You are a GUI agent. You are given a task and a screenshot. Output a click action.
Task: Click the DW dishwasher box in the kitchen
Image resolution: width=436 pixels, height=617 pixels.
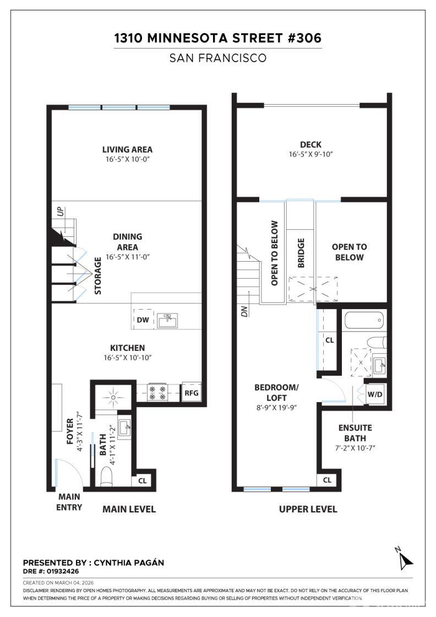tap(143, 320)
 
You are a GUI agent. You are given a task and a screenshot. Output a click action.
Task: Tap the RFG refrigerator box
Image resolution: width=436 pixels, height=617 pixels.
tap(191, 393)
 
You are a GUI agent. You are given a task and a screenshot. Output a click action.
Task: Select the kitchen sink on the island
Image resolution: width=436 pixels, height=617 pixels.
tap(167, 320)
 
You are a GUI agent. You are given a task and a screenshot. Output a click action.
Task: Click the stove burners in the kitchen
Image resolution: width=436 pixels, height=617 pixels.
tap(157, 393)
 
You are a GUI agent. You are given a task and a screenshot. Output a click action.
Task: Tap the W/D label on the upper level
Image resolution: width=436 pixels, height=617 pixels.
tap(375, 394)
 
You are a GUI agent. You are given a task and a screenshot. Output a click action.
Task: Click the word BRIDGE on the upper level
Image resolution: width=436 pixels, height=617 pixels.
tap(301, 253)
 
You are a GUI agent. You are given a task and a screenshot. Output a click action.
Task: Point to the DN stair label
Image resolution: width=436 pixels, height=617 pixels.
tap(244, 312)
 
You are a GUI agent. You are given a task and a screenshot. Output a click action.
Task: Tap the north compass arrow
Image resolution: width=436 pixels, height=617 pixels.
tap(406, 560)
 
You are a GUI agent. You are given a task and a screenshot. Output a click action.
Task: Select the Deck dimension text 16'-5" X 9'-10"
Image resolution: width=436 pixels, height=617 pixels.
tap(311, 154)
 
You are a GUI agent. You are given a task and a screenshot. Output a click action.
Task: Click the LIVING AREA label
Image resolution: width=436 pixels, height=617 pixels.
tap(127, 149)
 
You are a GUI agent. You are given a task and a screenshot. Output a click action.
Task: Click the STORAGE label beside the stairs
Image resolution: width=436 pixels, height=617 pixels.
tap(98, 275)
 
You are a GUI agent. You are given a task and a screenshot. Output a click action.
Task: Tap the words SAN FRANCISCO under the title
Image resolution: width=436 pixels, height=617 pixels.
tap(218, 58)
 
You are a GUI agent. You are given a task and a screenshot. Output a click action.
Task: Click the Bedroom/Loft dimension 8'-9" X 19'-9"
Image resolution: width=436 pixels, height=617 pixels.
tap(276, 407)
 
